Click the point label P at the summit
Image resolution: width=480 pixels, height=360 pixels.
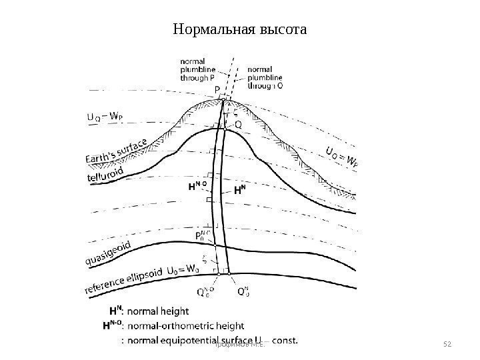click(216, 88)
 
